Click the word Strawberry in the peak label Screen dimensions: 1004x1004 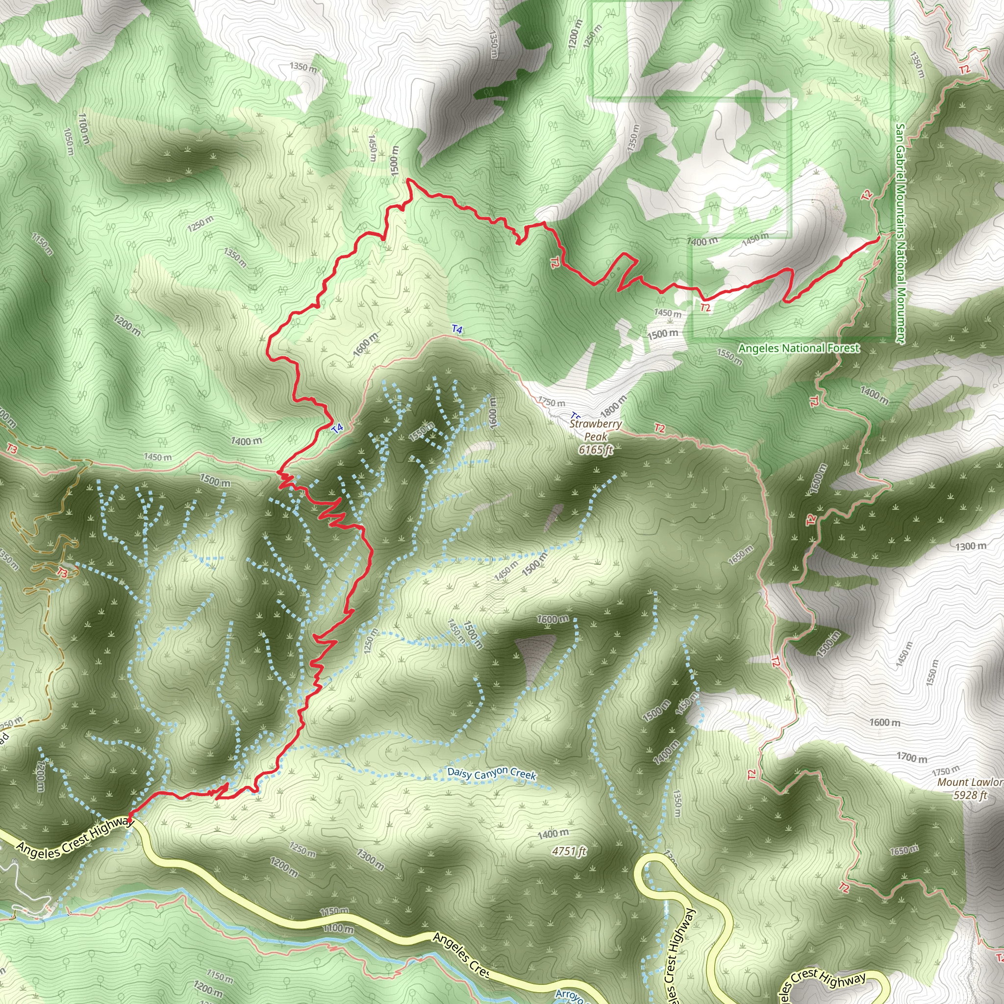[x=596, y=424]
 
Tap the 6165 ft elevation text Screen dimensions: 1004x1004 [x=596, y=450]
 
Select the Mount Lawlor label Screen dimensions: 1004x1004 [x=970, y=782]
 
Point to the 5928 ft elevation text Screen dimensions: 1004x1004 [x=970, y=795]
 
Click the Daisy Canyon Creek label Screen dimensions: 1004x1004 [x=491, y=774]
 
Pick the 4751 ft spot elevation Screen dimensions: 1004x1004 [x=569, y=851]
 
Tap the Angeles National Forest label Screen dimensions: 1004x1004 [x=799, y=348]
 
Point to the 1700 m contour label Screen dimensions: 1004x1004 [x=912, y=758]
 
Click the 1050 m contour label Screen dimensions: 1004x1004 [x=68, y=141]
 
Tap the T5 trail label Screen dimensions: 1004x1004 [x=575, y=416]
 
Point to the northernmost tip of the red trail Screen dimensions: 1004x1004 [x=409, y=180]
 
